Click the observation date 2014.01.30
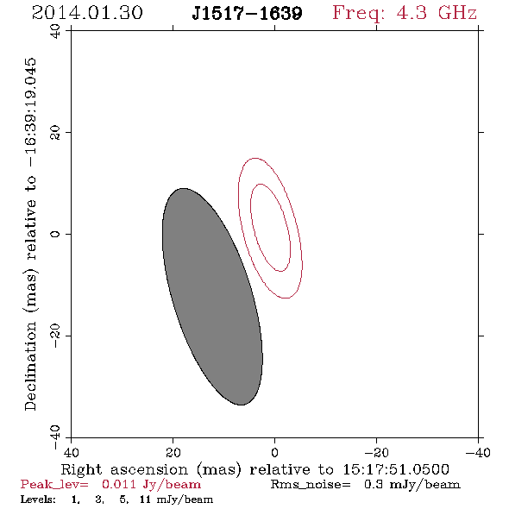pyautogui.click(x=87, y=13)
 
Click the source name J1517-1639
pyautogui.click(x=247, y=13)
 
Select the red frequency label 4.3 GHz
pyautogui.click(x=437, y=13)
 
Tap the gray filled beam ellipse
pyautogui.click(x=212, y=297)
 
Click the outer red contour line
pyautogui.click(x=239, y=195)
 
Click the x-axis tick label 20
pyautogui.click(x=173, y=453)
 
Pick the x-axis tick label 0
pyautogui.click(x=274, y=453)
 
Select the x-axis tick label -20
pyautogui.click(x=376, y=453)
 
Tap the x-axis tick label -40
pyautogui.click(x=478, y=453)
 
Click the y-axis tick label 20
pyautogui.click(x=55, y=133)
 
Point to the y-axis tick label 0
pyautogui.click(x=55, y=234)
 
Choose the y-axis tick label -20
pyautogui.click(x=55, y=336)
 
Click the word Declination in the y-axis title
pyautogui.click(x=30, y=366)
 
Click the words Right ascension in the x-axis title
pyautogui.click(x=124, y=469)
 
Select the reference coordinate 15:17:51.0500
pyautogui.click(x=396, y=469)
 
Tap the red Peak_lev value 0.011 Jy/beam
pyautogui.click(x=151, y=485)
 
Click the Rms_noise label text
pyautogui.click(x=311, y=485)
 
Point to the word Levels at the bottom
pyautogui.click(x=38, y=500)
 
